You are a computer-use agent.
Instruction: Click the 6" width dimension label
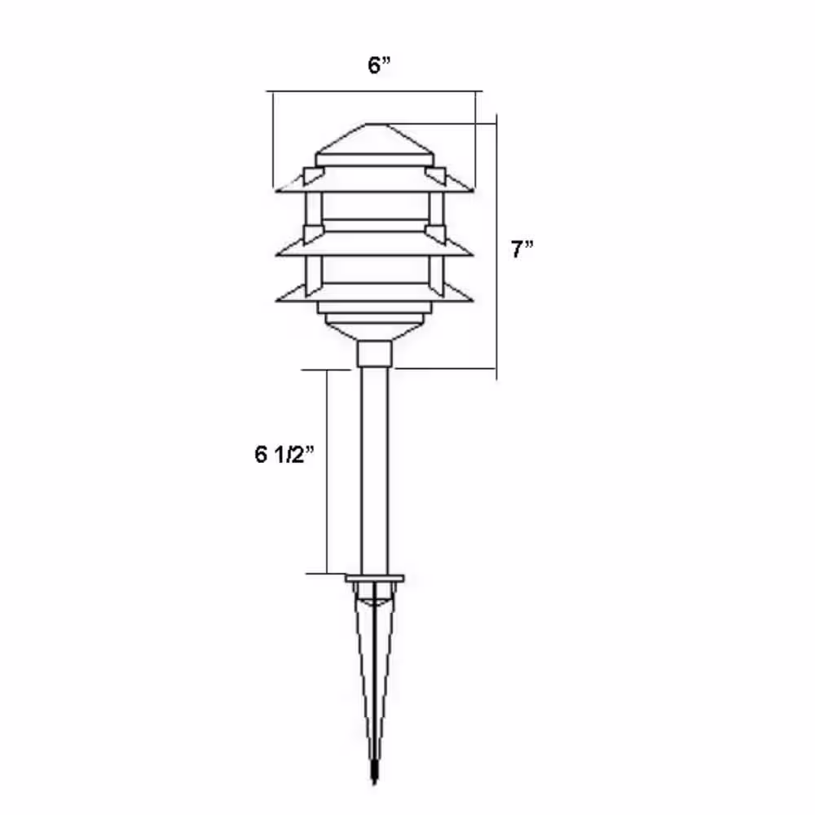(379, 65)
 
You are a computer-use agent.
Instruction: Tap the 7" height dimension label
(522, 249)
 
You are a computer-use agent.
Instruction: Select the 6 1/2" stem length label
(284, 454)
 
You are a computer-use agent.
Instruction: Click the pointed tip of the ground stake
(374, 782)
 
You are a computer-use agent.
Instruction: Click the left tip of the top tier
(276, 192)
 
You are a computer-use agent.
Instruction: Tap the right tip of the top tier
(473, 192)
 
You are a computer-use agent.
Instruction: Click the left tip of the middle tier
(277, 254)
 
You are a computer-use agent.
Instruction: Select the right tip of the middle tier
(473, 254)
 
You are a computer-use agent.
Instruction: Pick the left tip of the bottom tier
(277, 301)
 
